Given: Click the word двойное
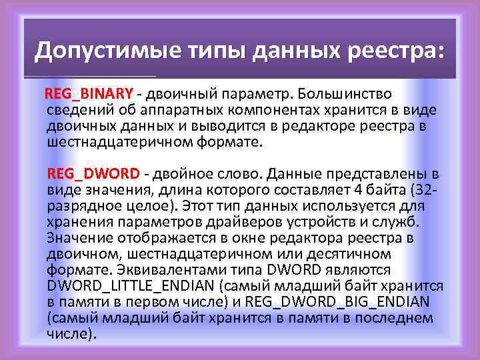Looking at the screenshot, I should (183, 174).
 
